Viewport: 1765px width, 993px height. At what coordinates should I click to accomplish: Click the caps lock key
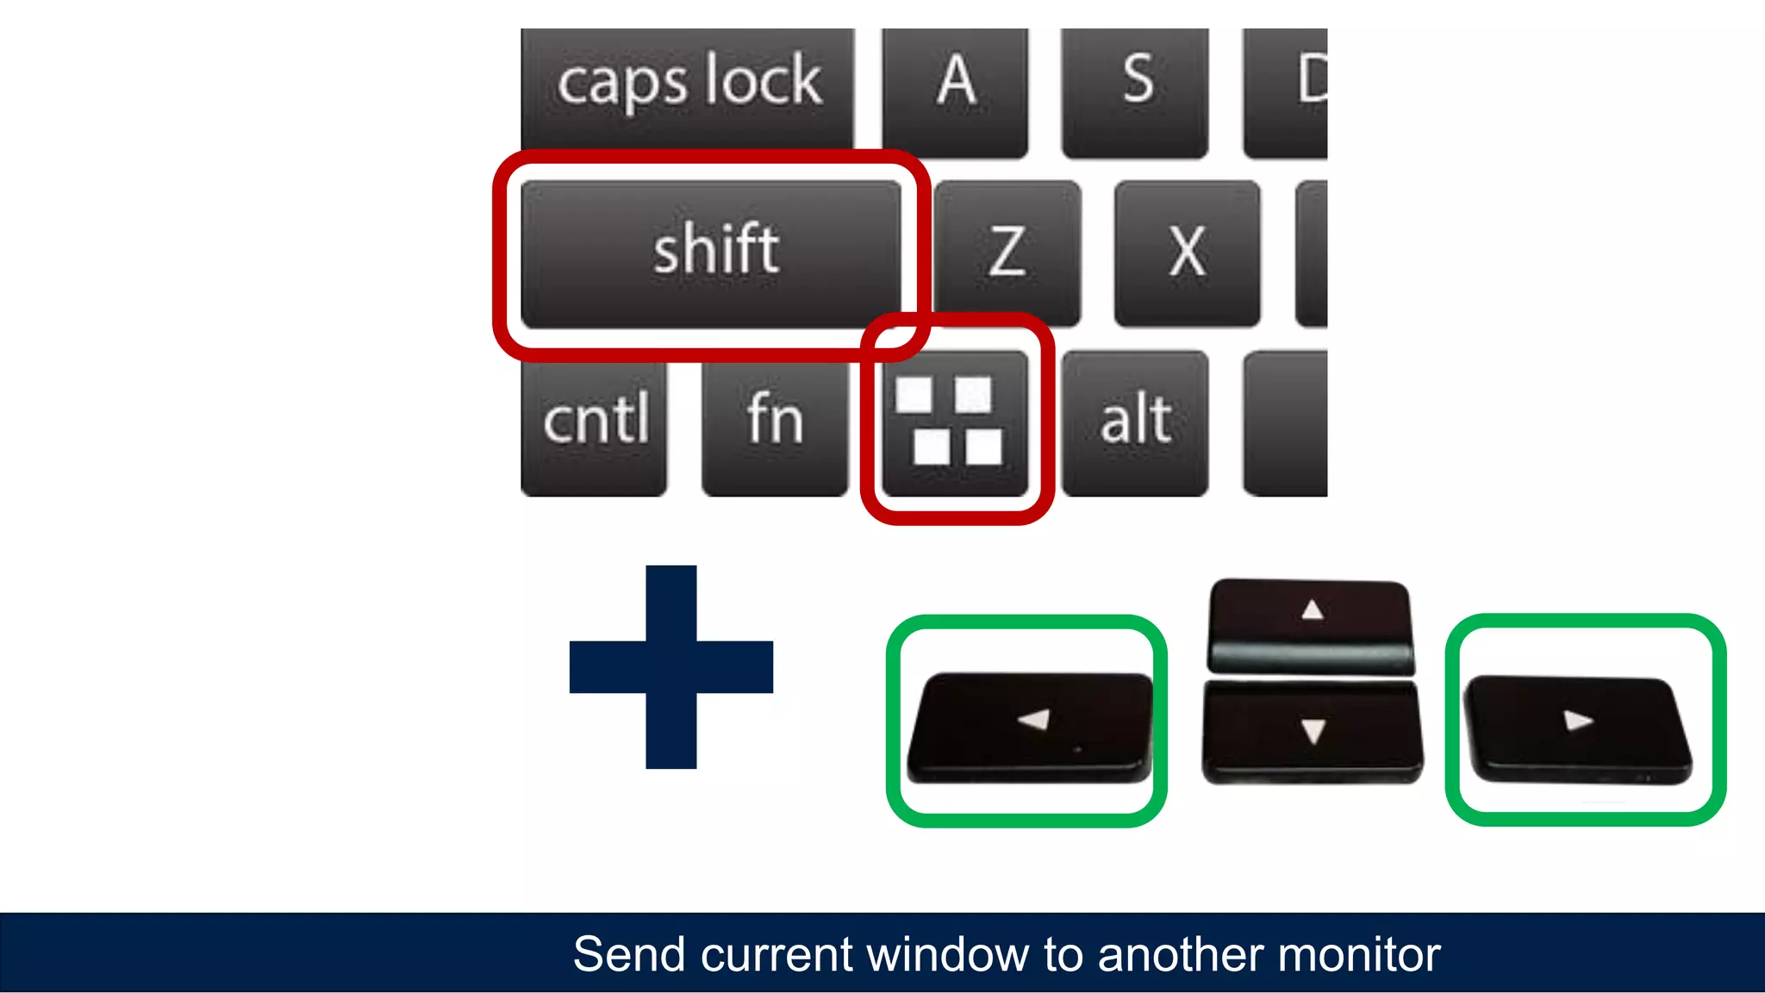pyautogui.click(x=688, y=86)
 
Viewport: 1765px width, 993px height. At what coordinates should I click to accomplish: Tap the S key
pyautogui.click(x=1135, y=91)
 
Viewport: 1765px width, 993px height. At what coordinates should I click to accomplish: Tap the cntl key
pyautogui.click(x=595, y=422)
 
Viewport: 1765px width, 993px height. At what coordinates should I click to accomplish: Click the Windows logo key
pyautogui.click(x=954, y=422)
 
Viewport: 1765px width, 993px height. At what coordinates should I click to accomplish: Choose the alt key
pyautogui.click(x=1135, y=422)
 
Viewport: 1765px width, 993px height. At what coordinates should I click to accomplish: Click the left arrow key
pyautogui.click(x=1030, y=727)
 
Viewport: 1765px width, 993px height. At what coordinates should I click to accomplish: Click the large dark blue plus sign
pyautogui.click(x=671, y=666)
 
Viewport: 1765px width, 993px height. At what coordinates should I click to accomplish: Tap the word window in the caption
pyautogui.click(x=948, y=954)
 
